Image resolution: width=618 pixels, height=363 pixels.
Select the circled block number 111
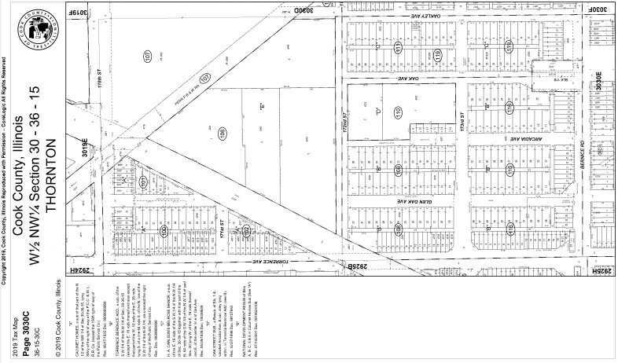pos(398,49)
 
